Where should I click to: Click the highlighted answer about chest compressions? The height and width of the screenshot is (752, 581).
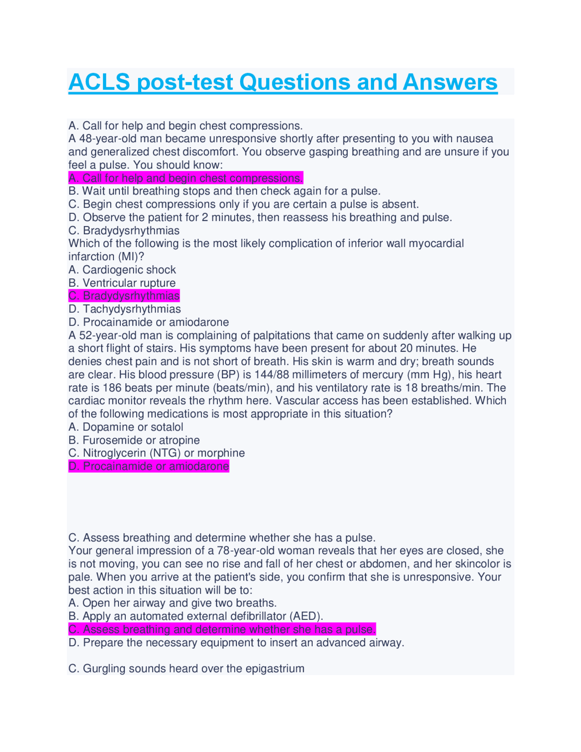click(x=186, y=178)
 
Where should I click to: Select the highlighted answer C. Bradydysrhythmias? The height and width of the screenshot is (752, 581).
click(x=124, y=296)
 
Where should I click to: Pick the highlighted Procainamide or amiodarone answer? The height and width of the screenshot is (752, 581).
click(x=148, y=466)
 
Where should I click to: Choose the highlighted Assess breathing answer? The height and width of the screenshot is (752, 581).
click(x=222, y=629)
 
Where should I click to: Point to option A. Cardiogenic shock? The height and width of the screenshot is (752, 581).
click(x=122, y=270)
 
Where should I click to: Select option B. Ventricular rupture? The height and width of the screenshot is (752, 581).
click(x=122, y=283)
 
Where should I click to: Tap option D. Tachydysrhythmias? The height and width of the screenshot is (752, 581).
click(x=124, y=309)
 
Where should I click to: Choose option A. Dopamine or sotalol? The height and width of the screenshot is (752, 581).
click(x=126, y=427)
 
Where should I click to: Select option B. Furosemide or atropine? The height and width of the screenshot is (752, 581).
click(x=134, y=440)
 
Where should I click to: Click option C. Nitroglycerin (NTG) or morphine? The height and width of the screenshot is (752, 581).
click(x=157, y=453)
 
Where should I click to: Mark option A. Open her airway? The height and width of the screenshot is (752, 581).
click(x=172, y=603)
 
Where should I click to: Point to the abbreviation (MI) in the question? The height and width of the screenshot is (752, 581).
click(x=131, y=257)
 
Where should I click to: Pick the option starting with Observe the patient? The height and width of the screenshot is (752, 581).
click(x=260, y=218)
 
